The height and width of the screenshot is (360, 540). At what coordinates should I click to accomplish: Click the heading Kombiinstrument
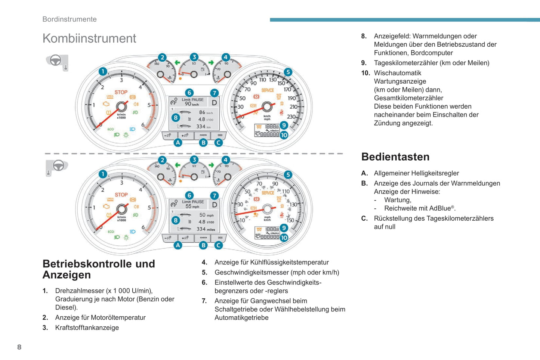click(89, 38)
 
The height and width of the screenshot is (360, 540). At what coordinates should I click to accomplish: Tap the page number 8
click(19, 347)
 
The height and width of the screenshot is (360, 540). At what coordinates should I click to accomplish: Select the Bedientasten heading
click(395, 157)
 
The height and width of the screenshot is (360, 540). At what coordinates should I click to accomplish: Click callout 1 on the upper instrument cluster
click(103, 71)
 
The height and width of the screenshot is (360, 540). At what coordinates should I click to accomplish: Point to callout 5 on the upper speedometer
click(287, 72)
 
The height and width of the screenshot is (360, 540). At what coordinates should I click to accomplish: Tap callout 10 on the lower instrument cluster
click(284, 238)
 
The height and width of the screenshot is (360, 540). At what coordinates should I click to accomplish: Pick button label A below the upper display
click(178, 142)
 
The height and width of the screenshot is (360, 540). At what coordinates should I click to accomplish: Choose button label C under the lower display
click(219, 245)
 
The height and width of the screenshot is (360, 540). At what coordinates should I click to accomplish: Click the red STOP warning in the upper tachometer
click(121, 92)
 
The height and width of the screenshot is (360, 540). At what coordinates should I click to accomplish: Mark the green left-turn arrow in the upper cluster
click(178, 63)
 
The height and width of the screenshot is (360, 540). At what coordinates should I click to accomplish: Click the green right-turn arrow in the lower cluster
click(211, 165)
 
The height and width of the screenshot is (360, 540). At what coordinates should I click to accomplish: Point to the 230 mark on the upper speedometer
click(291, 117)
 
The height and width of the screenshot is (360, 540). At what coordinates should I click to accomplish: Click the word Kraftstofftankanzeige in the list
click(87, 328)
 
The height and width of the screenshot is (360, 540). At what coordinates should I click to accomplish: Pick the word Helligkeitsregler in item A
click(435, 173)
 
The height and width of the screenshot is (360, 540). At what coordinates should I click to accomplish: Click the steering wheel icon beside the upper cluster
click(56, 60)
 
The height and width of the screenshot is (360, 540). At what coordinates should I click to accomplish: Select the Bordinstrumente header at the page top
click(70, 19)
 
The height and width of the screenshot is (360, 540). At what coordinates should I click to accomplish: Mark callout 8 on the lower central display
click(175, 220)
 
